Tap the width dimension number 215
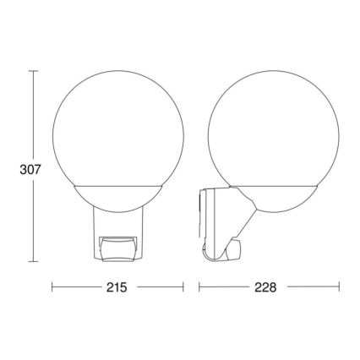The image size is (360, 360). pyautogui.click(x=117, y=288)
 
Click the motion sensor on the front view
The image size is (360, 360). pyautogui.click(x=117, y=246)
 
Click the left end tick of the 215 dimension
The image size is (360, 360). pyautogui.click(x=52, y=288)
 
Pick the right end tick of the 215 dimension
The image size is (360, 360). pyautogui.click(x=183, y=288)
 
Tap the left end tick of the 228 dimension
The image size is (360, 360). pyautogui.click(x=199, y=288)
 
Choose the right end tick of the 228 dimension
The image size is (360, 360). pyautogui.click(x=339, y=288)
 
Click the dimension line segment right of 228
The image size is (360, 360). pyautogui.click(x=313, y=288)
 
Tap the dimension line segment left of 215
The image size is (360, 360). pyautogui.click(x=76, y=288)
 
